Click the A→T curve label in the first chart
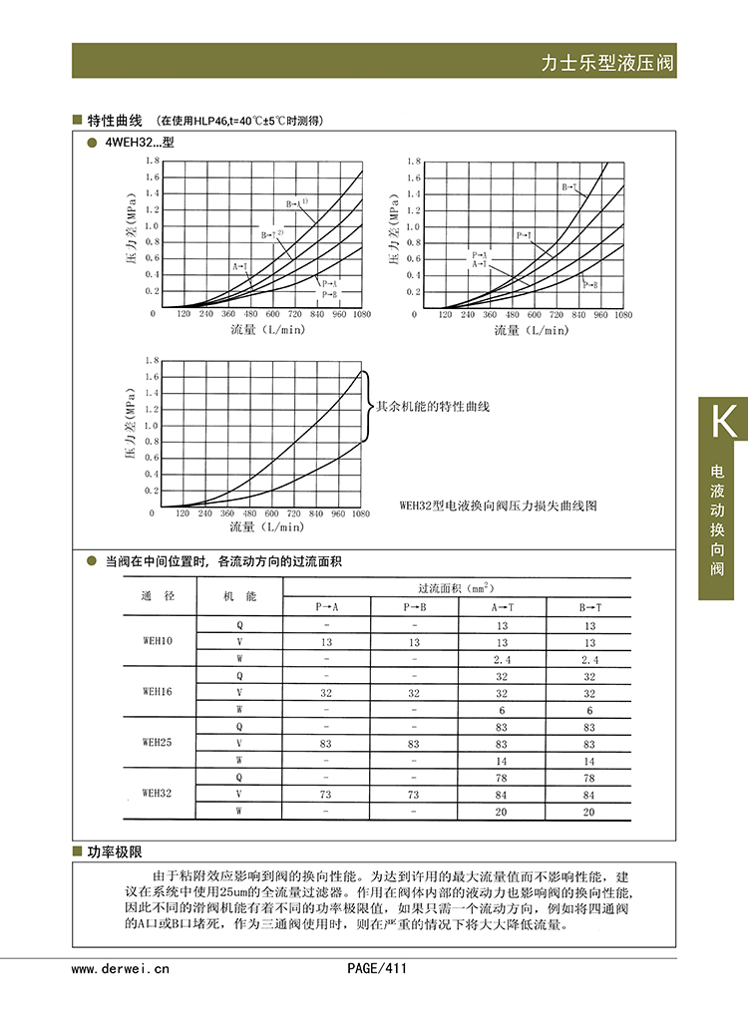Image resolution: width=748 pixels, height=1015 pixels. click(x=240, y=267)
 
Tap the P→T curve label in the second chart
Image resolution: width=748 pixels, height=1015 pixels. click(x=524, y=235)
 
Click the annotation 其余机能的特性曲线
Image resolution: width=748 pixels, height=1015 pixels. click(x=433, y=407)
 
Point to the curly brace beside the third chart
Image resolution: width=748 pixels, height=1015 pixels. click(x=366, y=407)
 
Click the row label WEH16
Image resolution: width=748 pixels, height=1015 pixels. click(x=158, y=691)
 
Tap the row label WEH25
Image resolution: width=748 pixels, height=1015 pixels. click(x=158, y=743)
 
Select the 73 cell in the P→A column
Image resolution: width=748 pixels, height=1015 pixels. click(x=327, y=795)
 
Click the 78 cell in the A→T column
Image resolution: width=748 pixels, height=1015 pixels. click(x=502, y=778)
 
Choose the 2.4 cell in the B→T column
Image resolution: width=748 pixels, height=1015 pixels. click(x=588, y=659)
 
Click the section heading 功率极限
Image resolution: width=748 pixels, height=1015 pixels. click(x=115, y=852)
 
